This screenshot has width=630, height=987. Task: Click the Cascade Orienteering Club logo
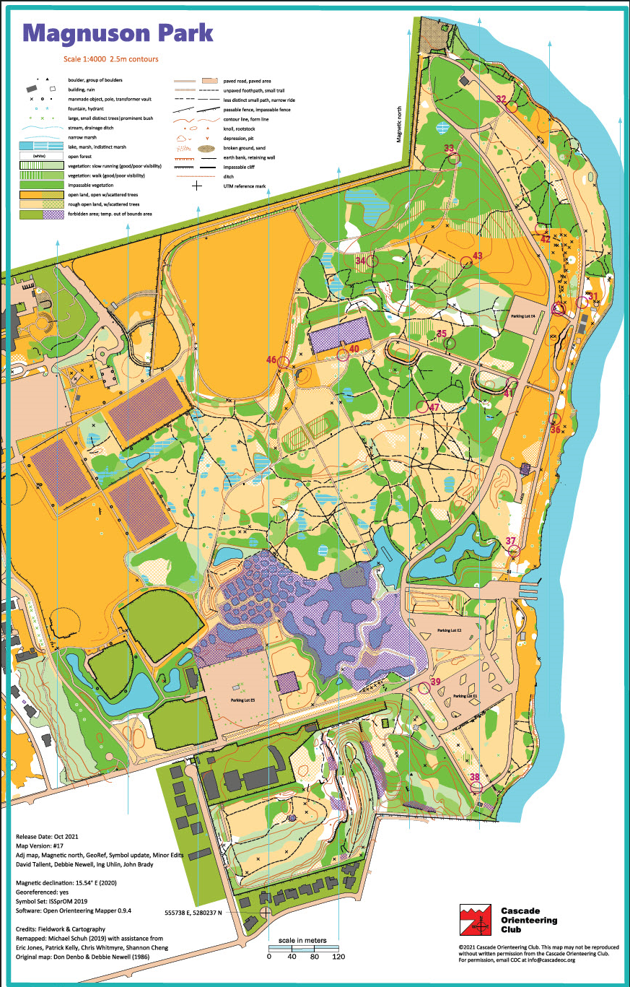coord(474,918)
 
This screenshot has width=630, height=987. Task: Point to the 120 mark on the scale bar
coord(338,956)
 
